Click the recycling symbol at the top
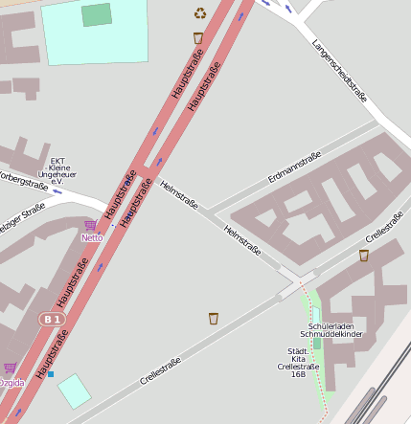[200, 12]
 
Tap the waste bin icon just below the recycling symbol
[198, 38]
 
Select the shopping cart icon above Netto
[90, 226]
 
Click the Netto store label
[92, 237]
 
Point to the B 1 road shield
[51, 319]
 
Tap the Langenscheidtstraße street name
[340, 70]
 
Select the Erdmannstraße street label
[295, 167]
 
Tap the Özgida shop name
[11, 383]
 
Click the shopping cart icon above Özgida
[10, 368]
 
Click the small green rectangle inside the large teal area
[96, 14]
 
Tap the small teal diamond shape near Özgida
[75, 391]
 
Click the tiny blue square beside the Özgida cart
[51, 374]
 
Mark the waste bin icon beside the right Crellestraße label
[364, 256]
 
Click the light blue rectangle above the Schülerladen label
[316, 315]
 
